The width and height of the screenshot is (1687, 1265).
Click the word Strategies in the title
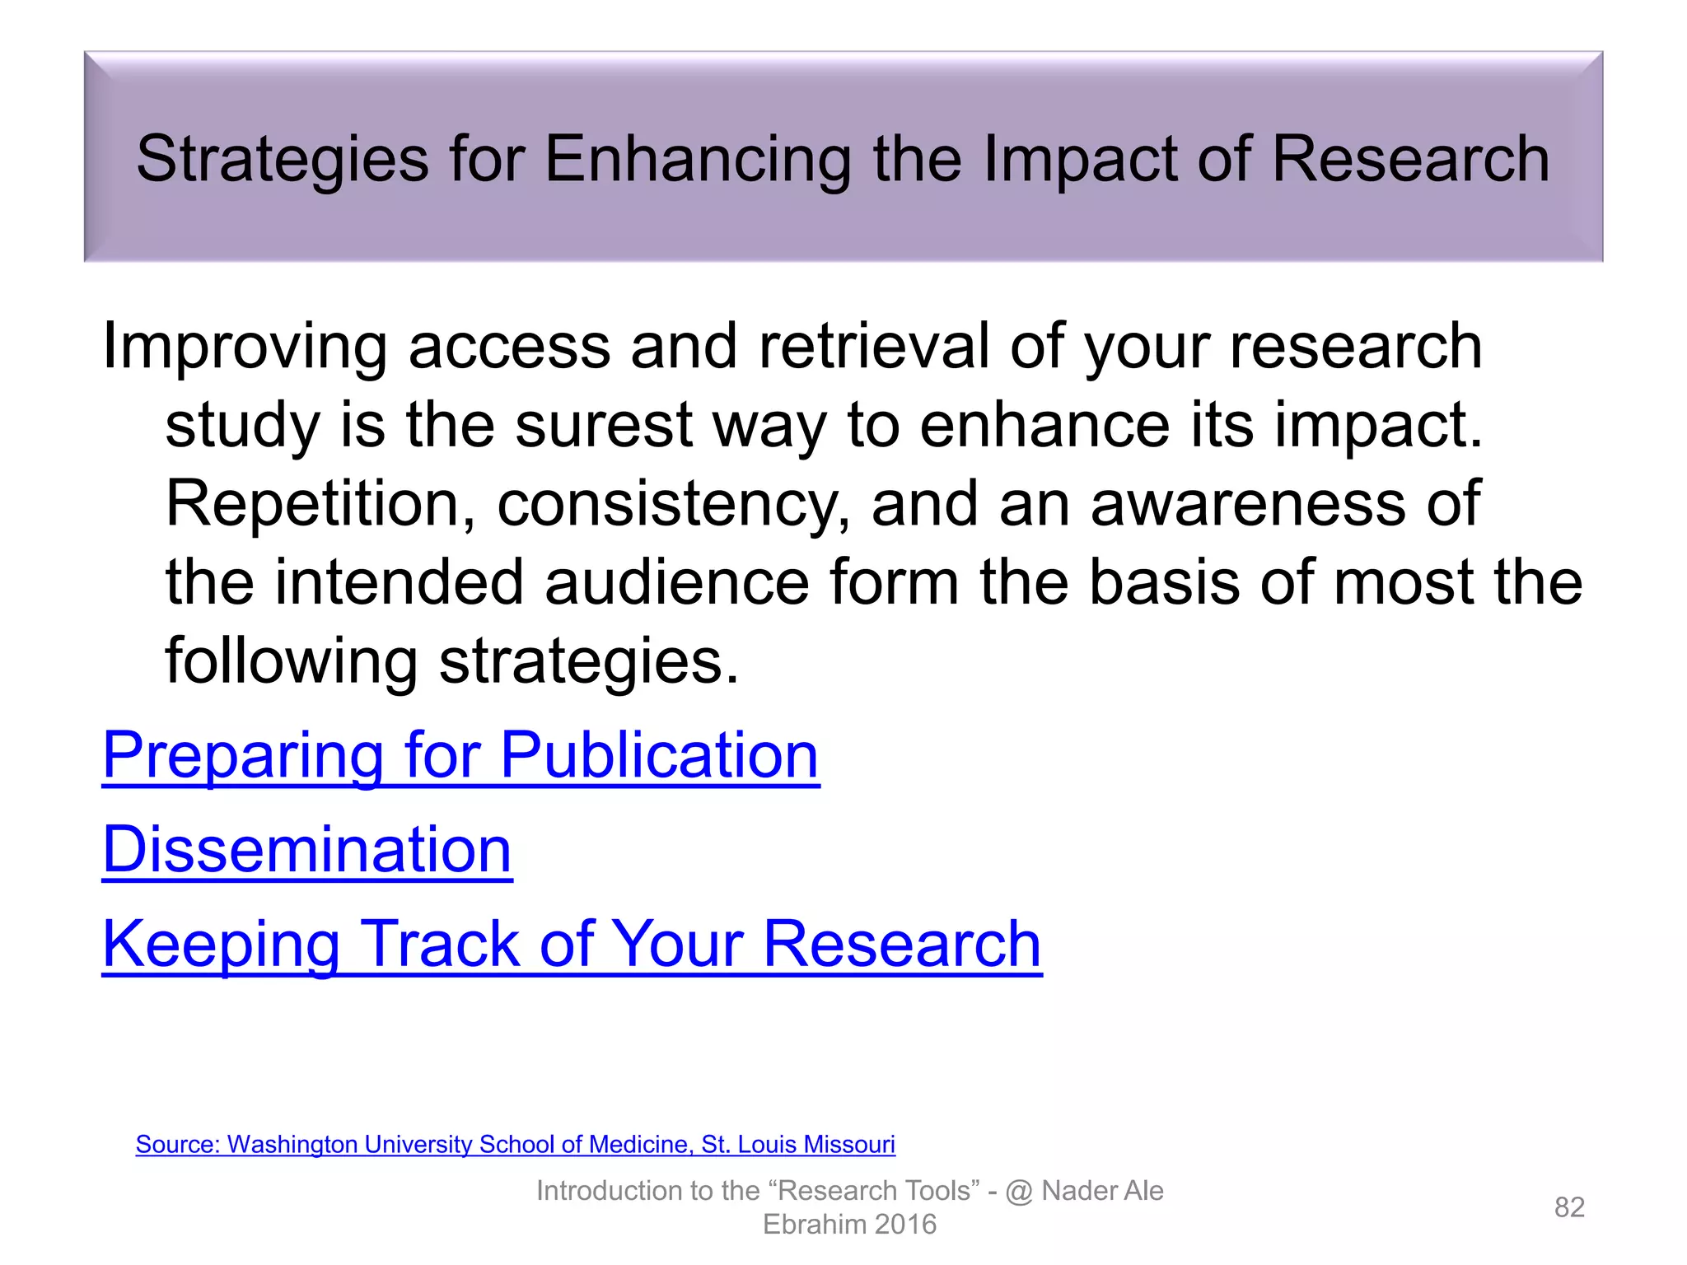pyautogui.click(x=282, y=159)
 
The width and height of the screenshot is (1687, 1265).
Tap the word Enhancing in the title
pyautogui.click(x=697, y=159)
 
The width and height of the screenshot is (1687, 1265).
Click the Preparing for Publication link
pyautogui.click(x=460, y=755)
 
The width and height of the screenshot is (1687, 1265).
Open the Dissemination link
pyautogui.click(x=306, y=850)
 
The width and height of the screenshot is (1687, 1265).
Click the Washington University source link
pyautogui.click(x=515, y=1145)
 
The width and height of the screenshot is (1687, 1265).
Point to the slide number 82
pyautogui.click(x=1569, y=1207)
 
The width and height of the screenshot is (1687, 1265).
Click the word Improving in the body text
pyautogui.click(x=245, y=347)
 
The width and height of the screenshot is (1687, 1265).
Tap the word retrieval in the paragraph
pyautogui.click(x=874, y=347)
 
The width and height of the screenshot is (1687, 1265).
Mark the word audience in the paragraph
pyautogui.click(x=677, y=582)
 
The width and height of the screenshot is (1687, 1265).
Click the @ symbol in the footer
pyautogui.click(x=1019, y=1192)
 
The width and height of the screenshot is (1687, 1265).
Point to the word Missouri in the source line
pyautogui.click(x=849, y=1145)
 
